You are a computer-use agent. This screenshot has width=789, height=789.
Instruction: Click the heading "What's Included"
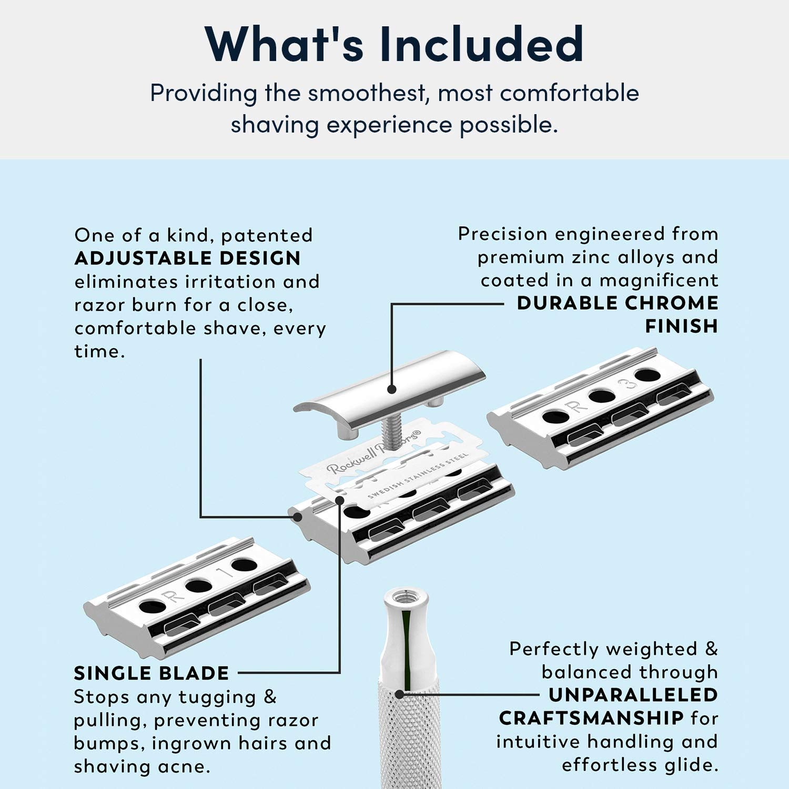(x=394, y=44)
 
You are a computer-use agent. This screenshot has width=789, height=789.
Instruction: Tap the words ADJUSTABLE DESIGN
(x=187, y=258)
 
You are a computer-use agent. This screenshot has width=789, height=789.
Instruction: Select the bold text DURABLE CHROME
(x=618, y=303)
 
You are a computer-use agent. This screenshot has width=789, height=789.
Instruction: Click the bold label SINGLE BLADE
(x=151, y=673)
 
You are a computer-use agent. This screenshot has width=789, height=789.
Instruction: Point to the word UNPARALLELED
(x=633, y=695)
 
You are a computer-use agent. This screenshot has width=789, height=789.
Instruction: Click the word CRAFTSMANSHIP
(x=591, y=718)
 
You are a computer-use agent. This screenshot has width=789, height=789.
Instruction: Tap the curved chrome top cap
(x=389, y=387)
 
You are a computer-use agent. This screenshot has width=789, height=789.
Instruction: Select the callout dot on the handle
(x=400, y=694)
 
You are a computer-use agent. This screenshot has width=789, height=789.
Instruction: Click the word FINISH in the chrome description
(x=682, y=326)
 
